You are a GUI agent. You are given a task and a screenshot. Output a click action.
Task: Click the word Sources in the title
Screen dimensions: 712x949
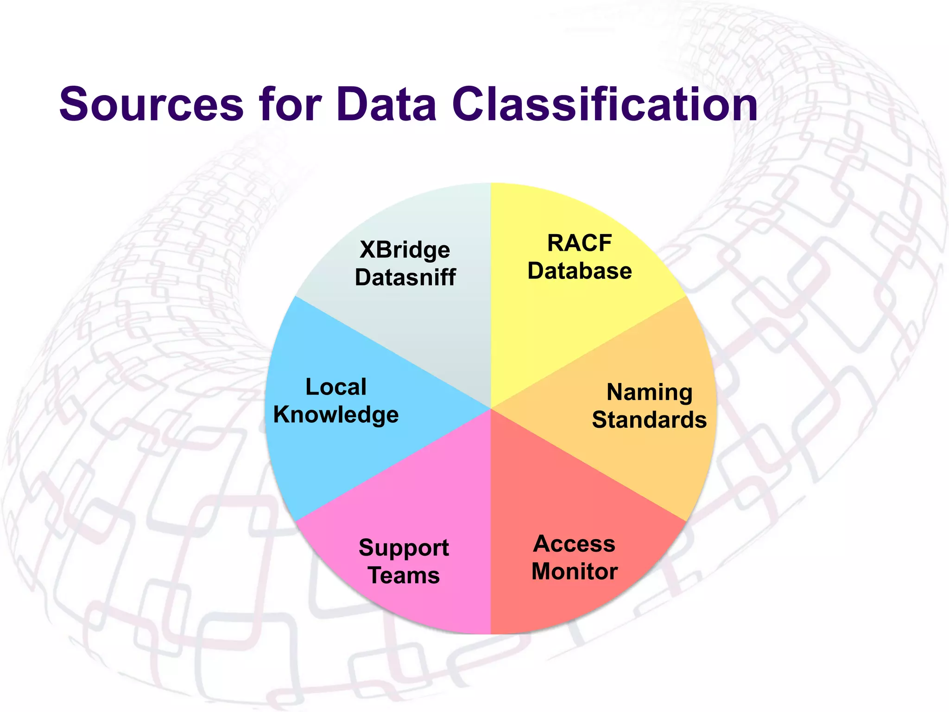[151, 105]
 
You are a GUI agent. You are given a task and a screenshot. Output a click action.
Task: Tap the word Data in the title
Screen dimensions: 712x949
[386, 105]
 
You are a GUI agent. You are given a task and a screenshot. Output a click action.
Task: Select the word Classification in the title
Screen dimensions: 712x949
[605, 105]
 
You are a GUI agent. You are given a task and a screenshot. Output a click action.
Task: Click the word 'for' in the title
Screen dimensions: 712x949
[291, 105]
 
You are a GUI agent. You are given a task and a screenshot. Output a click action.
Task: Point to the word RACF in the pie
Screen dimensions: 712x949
[579, 243]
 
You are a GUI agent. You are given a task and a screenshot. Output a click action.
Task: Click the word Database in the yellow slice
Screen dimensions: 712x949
[579, 271]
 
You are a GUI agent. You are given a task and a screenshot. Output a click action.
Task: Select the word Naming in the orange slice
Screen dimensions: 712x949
[649, 393]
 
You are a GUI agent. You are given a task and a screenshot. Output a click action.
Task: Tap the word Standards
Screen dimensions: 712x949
[649, 420]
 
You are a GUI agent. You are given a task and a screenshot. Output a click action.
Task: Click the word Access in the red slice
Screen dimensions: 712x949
[574, 544]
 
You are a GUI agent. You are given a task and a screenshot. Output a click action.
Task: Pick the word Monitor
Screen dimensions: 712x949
[574, 572]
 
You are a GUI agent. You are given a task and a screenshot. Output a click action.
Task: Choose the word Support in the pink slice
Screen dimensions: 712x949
[404, 548]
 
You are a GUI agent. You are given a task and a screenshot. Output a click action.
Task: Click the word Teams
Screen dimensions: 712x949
[404, 576]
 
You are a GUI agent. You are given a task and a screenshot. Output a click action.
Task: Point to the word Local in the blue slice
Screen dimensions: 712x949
[336, 387]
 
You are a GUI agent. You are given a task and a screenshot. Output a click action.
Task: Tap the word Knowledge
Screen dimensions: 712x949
[336, 415]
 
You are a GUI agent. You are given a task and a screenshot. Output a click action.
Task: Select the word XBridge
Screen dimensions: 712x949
[405, 250]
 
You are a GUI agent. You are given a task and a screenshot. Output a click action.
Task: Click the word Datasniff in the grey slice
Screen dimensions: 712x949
[405, 278]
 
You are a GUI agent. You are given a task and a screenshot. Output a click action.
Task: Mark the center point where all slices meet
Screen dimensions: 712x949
[491, 409]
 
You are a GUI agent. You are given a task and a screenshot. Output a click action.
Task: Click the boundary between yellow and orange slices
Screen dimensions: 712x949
[588, 352]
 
